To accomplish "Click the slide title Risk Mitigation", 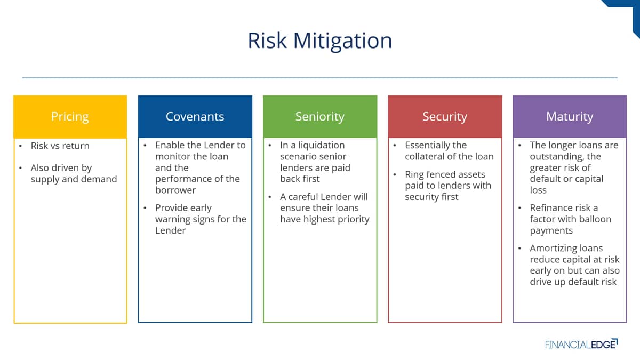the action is point(319,41).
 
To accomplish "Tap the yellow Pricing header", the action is point(70,117).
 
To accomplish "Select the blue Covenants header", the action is point(195,117).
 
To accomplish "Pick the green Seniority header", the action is point(320,117).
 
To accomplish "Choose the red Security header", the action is point(445,117).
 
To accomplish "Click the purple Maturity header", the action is point(570,117).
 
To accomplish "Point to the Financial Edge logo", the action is point(581,344).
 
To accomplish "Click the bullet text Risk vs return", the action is point(60,146).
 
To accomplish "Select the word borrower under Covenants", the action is point(175,190).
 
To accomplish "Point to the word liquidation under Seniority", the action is point(322,146).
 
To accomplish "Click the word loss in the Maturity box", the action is point(538,190).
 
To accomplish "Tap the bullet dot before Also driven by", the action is point(20,167).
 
